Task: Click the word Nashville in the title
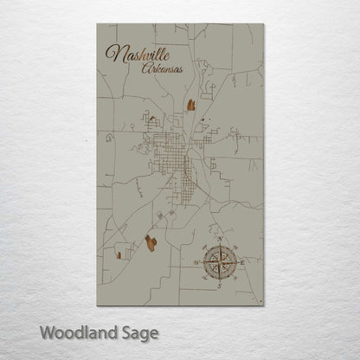point(138,55)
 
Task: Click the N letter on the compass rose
point(220,238)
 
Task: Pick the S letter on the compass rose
point(220,284)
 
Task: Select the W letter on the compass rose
point(196,260)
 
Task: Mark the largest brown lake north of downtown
point(190,106)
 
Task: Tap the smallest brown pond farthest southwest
point(117,254)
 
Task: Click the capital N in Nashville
point(112,54)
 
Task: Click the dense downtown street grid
point(178,156)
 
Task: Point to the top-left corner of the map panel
point(97,24)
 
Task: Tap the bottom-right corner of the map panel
point(263,306)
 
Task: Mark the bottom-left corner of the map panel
point(97,306)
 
